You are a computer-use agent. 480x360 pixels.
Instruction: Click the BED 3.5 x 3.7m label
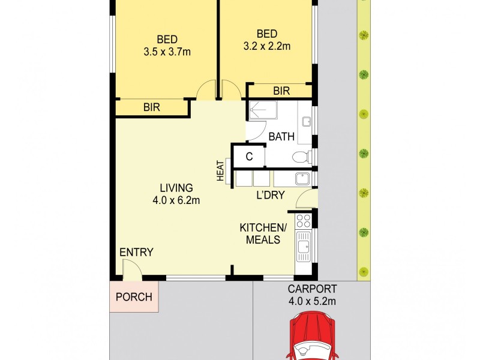coord(167,46)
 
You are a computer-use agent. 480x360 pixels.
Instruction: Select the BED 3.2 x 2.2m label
coord(266,39)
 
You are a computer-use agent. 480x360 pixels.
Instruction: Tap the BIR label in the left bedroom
coord(151,107)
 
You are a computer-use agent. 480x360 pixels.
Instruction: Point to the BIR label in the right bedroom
coord(281,91)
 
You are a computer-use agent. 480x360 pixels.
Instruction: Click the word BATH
coord(281,137)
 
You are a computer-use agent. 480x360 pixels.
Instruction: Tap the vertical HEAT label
coord(220,170)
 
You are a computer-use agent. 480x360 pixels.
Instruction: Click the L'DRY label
coord(270,196)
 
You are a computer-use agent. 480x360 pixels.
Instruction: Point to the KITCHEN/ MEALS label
coord(263,233)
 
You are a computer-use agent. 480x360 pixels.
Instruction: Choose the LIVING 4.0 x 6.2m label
coord(176,194)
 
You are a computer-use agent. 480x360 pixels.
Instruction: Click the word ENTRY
coord(136,252)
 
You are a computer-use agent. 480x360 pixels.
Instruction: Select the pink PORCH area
coord(134,296)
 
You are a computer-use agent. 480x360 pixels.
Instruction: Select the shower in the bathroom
coord(262,110)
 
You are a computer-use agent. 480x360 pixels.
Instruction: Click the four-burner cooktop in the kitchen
coord(304,220)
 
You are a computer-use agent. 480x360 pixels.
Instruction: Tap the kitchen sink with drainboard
coord(304,245)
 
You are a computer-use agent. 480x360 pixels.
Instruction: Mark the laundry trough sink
coord(303,178)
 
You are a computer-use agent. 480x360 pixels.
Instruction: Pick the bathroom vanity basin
coord(306,122)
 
